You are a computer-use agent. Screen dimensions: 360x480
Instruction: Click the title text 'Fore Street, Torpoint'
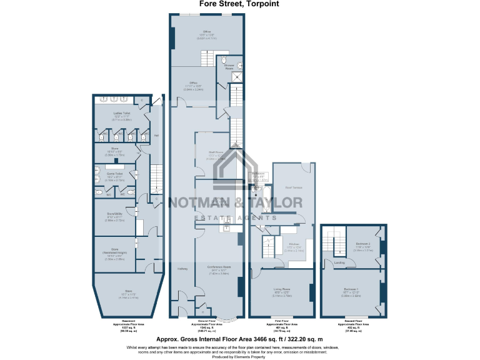(x=239, y=4)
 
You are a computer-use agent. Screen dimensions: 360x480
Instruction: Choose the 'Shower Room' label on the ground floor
(x=229, y=66)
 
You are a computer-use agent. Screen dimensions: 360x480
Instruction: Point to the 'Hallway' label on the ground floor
(x=183, y=268)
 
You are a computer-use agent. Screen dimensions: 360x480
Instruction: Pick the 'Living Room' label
(x=282, y=289)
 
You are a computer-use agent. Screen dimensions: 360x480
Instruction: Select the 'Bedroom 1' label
(x=351, y=289)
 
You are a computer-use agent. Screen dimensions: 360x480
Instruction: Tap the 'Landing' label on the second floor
(x=340, y=262)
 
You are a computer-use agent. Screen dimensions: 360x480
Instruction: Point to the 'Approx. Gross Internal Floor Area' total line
(x=239, y=337)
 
